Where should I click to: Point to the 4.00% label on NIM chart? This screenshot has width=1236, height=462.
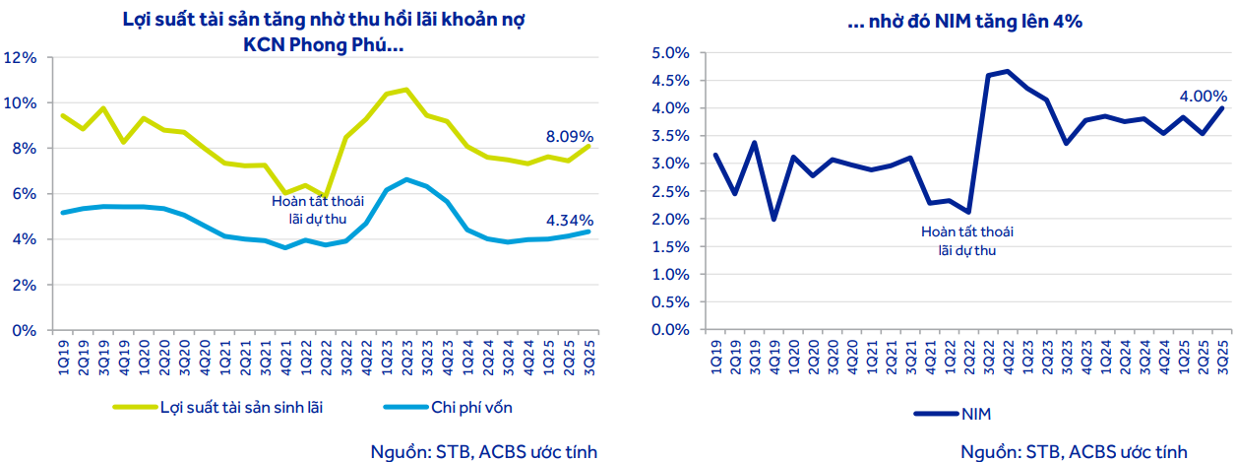click(x=1203, y=97)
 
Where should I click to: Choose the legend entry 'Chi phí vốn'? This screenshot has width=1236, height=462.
click(x=471, y=406)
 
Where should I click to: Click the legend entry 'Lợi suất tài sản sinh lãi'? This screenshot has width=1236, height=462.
click(x=241, y=406)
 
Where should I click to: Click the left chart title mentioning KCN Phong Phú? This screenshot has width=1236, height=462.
click(x=324, y=33)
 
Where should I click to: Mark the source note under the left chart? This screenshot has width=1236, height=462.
click(x=483, y=450)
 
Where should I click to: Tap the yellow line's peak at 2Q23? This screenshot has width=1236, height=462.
click(x=405, y=89)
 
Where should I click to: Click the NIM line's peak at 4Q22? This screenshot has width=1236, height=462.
click(x=1007, y=71)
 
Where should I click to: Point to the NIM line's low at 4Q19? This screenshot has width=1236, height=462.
click(x=773, y=219)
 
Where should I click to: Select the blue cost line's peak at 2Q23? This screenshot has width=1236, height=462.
click(x=406, y=179)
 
